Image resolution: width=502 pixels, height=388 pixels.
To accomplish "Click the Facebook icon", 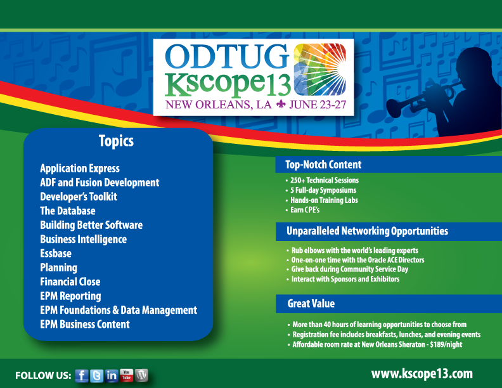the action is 82,376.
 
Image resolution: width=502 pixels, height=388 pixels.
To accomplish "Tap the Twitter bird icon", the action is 97,376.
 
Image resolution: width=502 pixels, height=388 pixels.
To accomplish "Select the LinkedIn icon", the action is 112,375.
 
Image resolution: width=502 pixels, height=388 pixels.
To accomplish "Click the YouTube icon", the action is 127,375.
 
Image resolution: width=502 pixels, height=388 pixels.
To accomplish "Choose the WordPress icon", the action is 141,375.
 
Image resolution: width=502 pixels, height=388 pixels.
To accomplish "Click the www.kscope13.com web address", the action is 422,374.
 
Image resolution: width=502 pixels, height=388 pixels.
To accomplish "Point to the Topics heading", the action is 116,141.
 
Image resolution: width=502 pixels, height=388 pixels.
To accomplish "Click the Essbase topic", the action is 56,254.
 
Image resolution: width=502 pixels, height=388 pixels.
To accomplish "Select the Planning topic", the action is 58,268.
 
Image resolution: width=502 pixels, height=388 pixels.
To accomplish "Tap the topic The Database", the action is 68,211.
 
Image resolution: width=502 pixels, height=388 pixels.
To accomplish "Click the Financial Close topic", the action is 70,281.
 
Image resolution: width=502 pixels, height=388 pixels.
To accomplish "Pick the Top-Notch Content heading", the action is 323,165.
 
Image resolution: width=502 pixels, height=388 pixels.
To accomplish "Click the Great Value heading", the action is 311,304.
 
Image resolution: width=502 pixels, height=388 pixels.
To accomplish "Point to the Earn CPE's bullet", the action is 305,210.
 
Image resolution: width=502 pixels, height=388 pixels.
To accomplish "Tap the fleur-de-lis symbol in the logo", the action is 281,104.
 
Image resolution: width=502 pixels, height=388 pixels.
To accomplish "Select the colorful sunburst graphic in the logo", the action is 320,70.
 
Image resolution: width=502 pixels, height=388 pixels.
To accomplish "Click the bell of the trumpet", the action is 394,109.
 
